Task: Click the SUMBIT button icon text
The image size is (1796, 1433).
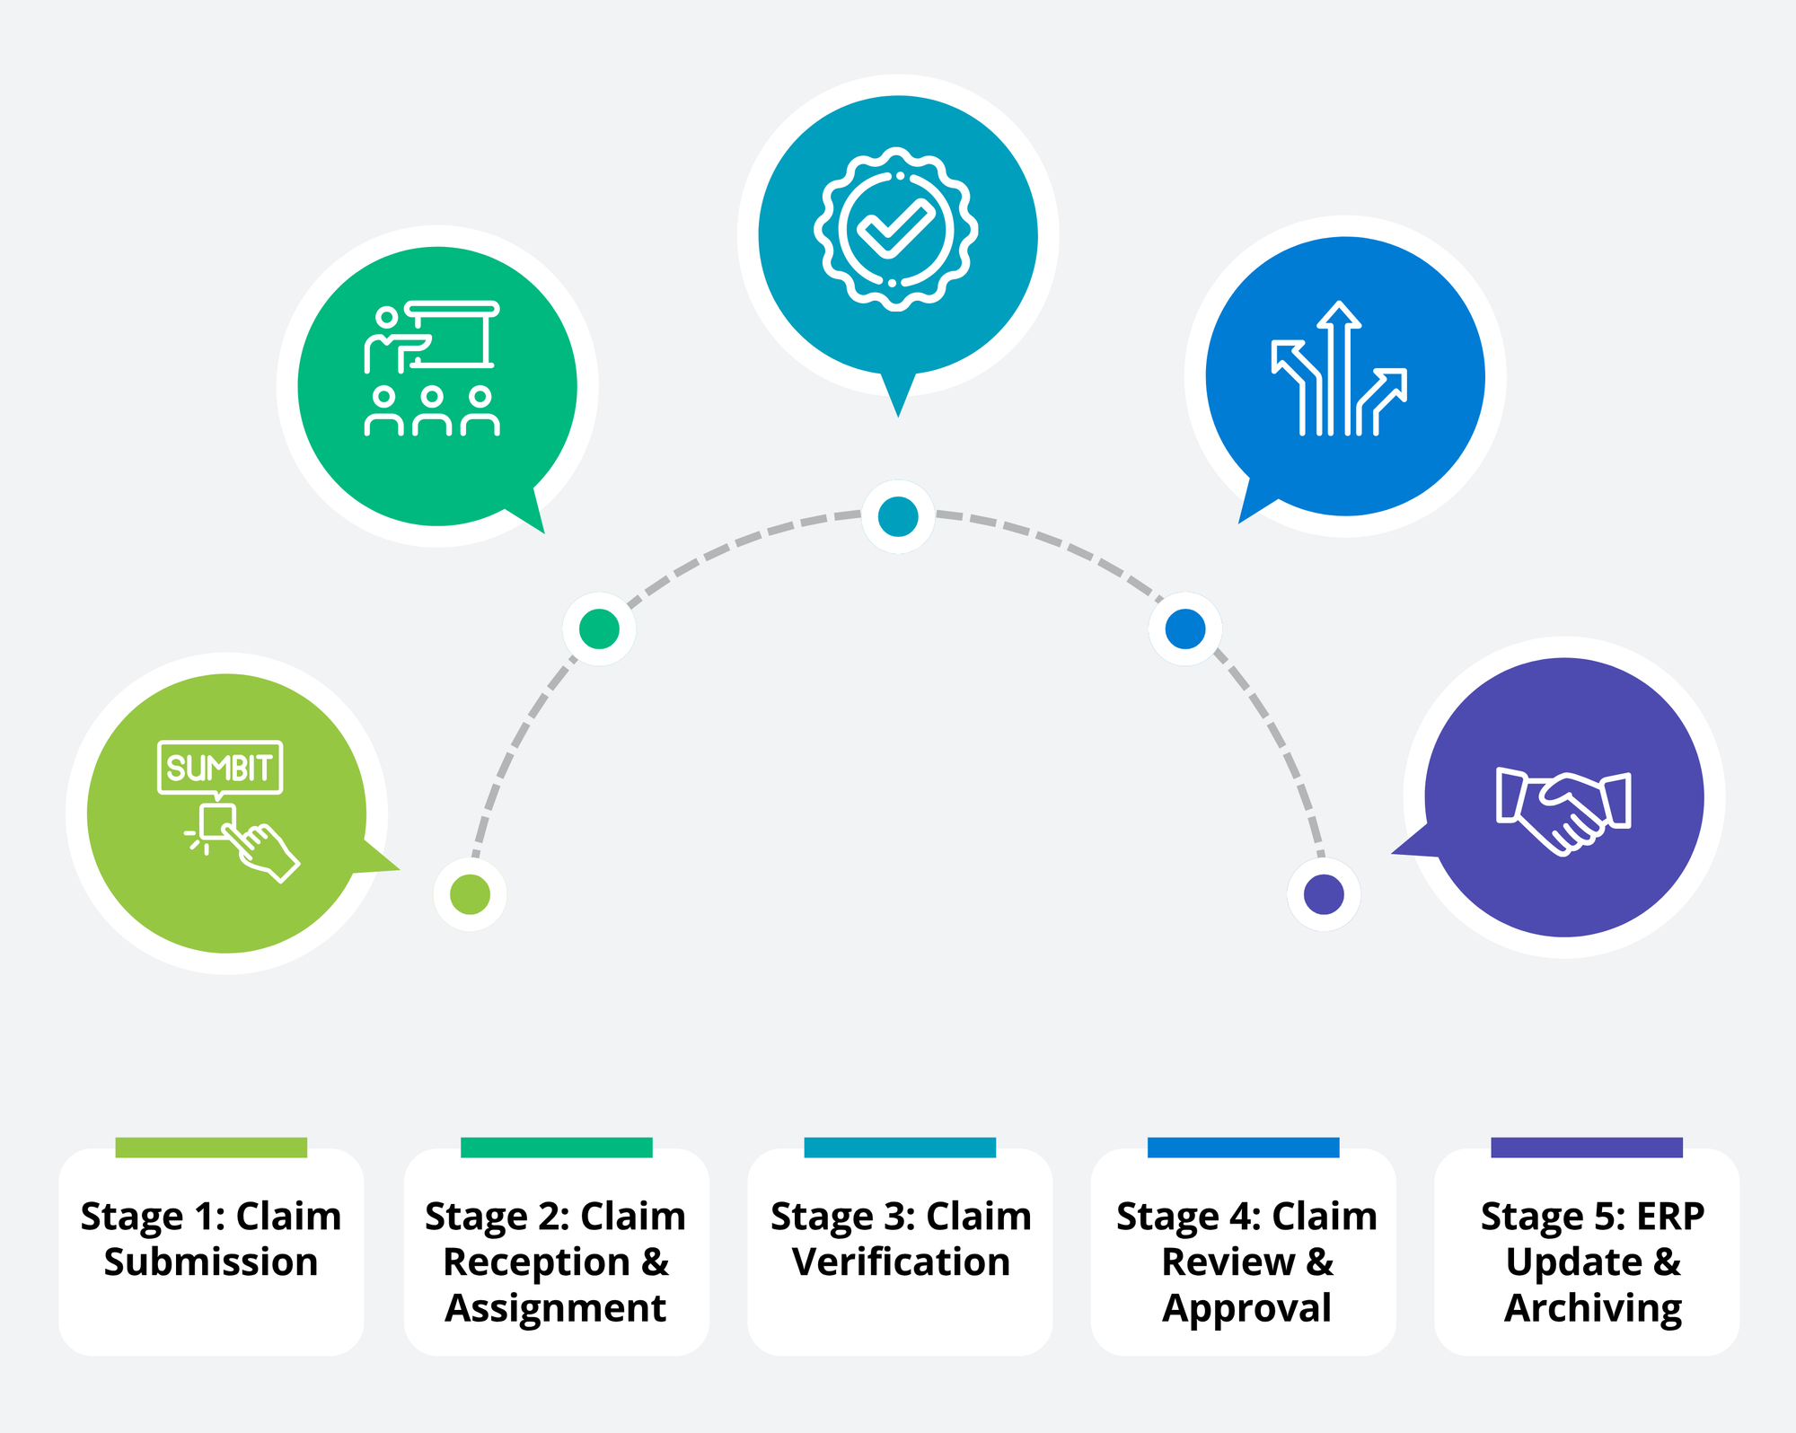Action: (x=220, y=768)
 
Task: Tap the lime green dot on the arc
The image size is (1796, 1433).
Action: (x=470, y=894)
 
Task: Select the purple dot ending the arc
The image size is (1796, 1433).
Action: (x=1324, y=894)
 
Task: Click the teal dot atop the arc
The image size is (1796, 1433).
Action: (x=898, y=517)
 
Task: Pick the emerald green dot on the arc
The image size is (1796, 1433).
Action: (x=599, y=629)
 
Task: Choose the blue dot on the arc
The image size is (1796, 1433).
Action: (x=1185, y=629)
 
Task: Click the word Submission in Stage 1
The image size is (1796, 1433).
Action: (x=211, y=1262)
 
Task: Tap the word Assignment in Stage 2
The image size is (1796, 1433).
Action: (x=556, y=1308)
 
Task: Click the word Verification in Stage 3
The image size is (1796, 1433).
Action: (x=901, y=1262)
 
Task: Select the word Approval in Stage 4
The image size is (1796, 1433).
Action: (x=1246, y=1308)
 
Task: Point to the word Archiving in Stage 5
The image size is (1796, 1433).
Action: (x=1592, y=1308)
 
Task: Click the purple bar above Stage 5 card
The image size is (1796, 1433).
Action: (x=1586, y=1147)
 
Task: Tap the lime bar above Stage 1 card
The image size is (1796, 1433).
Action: (x=211, y=1147)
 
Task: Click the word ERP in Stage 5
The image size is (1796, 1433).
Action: (x=1669, y=1217)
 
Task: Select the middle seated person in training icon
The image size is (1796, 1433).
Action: (x=432, y=412)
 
